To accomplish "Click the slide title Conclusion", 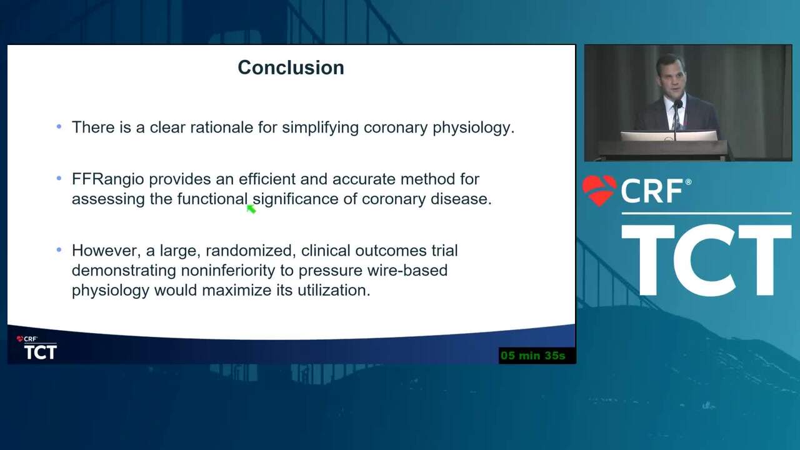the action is tap(291, 67).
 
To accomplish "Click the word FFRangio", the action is tap(108, 179).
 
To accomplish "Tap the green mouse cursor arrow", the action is tap(251, 209).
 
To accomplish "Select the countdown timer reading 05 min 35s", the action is tap(533, 356).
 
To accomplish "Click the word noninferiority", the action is tap(228, 271).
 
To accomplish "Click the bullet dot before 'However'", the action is tap(59, 249).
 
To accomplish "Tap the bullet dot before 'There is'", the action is tap(59, 126).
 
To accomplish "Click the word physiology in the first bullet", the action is tap(474, 128).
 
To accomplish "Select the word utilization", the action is tap(334, 290).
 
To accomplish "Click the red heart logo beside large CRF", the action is tap(599, 191).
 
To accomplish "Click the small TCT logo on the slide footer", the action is tap(41, 352).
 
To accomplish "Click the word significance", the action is tap(296, 199).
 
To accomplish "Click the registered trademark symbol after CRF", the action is tap(688, 182).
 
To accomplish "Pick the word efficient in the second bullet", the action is tap(267, 179).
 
